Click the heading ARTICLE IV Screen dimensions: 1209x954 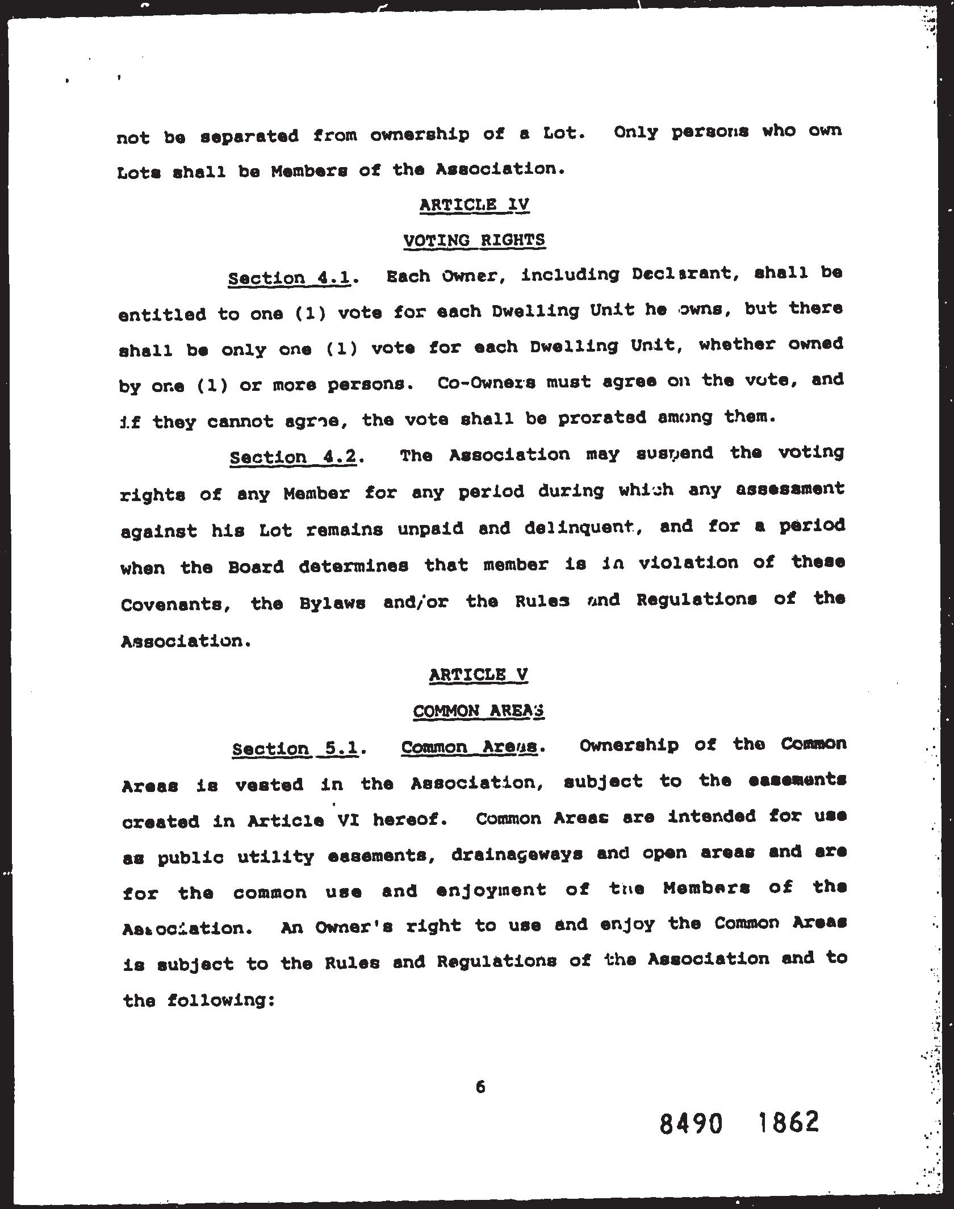tap(474, 205)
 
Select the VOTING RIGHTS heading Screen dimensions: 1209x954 tap(474, 240)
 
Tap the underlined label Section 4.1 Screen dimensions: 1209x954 tap(288, 278)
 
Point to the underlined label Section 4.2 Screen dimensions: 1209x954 tap(293, 457)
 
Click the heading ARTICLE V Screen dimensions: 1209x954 tap(479, 675)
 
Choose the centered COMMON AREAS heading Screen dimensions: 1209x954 tap(479, 711)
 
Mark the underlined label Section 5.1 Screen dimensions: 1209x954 tap(295, 749)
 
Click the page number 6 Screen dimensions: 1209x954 tap(480, 1087)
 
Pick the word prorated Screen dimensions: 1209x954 tap(602, 418)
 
